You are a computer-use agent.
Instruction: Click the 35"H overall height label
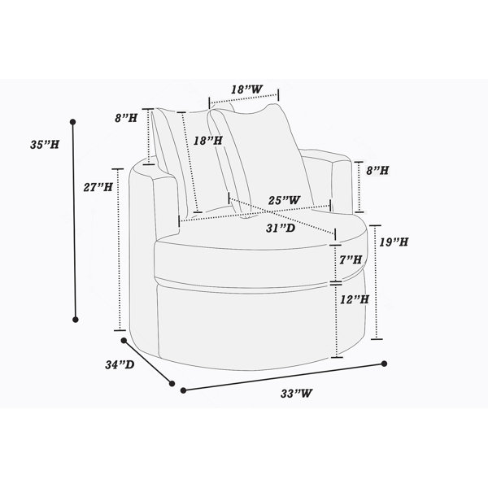pyautogui.click(x=45, y=145)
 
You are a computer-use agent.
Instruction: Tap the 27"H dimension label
pyautogui.click(x=98, y=187)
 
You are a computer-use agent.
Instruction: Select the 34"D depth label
pyautogui.click(x=120, y=364)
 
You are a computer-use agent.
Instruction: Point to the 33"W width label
pyautogui.click(x=296, y=394)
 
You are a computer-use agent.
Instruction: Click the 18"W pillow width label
pyautogui.click(x=246, y=89)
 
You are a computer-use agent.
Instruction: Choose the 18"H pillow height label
pyautogui.click(x=208, y=141)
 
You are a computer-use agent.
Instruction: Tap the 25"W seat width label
pyautogui.click(x=285, y=200)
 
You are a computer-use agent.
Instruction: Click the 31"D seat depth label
pyautogui.click(x=281, y=228)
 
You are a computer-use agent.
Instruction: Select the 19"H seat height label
pyautogui.click(x=394, y=242)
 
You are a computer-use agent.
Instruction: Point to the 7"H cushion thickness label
pyautogui.click(x=351, y=259)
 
